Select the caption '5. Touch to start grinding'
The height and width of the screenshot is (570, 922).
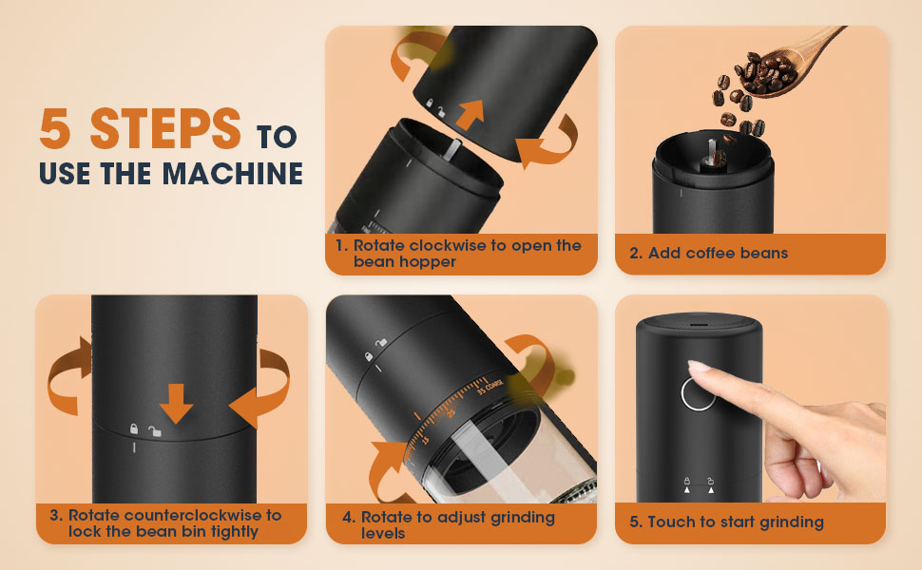tap(726, 522)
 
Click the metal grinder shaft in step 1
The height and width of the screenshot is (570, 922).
tap(452, 151)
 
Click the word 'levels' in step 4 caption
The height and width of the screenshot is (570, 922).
tap(383, 533)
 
